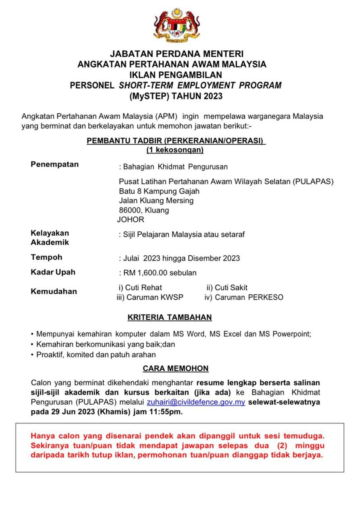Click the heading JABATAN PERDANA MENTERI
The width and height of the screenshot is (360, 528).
coord(176,54)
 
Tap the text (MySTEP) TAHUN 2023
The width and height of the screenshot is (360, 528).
coord(176,96)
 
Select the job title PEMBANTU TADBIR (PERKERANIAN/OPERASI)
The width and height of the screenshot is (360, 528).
coord(176,141)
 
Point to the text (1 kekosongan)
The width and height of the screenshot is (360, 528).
coord(175,150)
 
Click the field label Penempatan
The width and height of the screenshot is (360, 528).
coord(55,164)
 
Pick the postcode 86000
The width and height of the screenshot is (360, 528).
coord(130,210)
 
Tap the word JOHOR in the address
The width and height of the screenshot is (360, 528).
coord(131,220)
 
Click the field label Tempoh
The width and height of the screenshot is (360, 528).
coord(47,257)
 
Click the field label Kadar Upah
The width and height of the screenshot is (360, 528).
coord(53,272)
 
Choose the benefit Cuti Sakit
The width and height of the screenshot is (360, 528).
coord(231,288)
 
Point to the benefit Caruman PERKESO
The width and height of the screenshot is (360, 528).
coord(248,298)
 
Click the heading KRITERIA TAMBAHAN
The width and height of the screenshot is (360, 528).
coord(170,318)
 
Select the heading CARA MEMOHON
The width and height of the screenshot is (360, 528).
coord(176,368)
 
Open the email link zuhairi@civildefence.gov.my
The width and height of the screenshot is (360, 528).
coord(196,402)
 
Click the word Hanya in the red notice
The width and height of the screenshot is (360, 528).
coord(41,436)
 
